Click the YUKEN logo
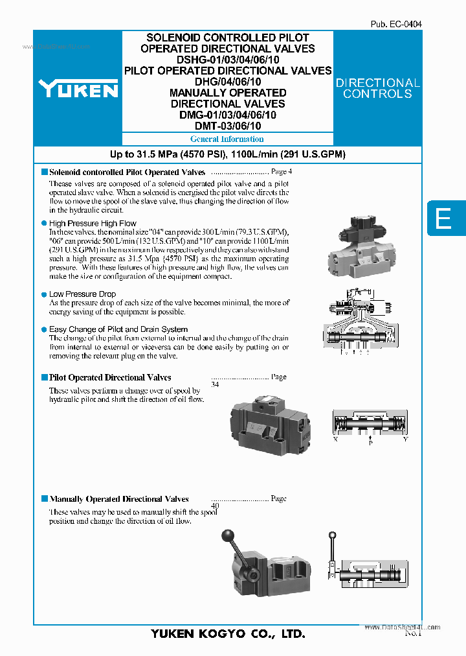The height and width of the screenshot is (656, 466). [x=78, y=88]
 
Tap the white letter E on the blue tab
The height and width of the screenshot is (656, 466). [x=443, y=218]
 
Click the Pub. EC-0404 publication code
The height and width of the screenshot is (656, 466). [x=395, y=24]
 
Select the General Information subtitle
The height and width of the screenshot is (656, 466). [x=227, y=139]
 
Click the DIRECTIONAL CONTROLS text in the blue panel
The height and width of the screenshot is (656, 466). [x=377, y=88]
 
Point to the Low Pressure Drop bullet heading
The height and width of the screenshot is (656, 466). [x=82, y=294]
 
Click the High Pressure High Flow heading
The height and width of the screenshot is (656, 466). [x=93, y=224]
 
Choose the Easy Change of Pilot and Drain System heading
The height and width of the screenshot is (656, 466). [x=118, y=329]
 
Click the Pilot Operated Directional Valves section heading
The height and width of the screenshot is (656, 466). [x=110, y=377]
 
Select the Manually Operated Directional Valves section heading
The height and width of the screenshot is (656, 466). [x=119, y=499]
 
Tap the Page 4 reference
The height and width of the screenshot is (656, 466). [x=282, y=172]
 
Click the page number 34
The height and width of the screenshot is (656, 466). [x=216, y=385]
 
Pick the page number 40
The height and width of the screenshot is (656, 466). [x=216, y=506]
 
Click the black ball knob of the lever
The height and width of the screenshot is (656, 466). [x=227, y=535]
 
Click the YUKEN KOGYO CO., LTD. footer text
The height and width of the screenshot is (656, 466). [x=228, y=634]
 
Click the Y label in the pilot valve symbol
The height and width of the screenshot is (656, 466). [x=406, y=439]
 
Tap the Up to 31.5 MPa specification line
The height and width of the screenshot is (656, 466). [x=227, y=154]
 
